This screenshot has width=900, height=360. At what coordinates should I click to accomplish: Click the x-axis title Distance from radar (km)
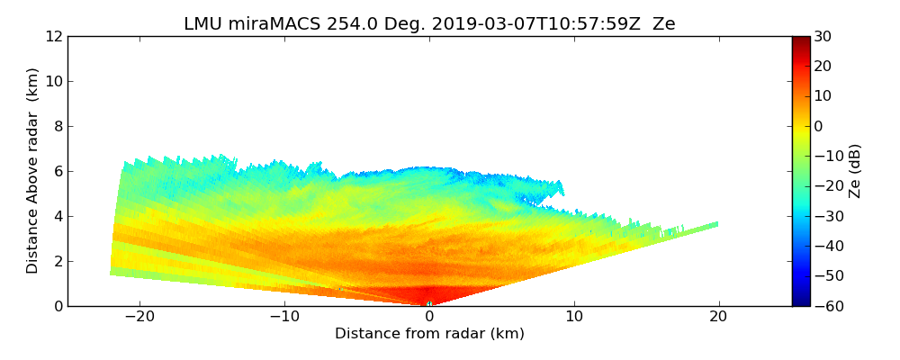(x=429, y=334)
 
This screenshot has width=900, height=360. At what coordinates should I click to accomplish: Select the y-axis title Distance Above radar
(x=33, y=171)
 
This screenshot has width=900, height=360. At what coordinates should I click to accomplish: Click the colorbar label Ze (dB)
(x=855, y=171)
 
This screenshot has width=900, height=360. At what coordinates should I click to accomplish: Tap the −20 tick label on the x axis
(x=139, y=317)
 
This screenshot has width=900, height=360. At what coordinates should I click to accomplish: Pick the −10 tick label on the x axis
(x=284, y=317)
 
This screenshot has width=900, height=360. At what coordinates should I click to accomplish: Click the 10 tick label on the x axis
(x=574, y=317)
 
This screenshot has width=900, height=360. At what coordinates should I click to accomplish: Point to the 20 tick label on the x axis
(x=718, y=317)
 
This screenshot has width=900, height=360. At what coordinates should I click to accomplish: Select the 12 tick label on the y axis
(x=54, y=36)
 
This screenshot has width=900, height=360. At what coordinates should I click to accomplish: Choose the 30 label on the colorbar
(x=823, y=36)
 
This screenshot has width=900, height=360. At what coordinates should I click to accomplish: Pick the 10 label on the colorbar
(x=823, y=96)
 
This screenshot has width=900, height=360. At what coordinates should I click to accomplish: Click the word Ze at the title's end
(x=663, y=24)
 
